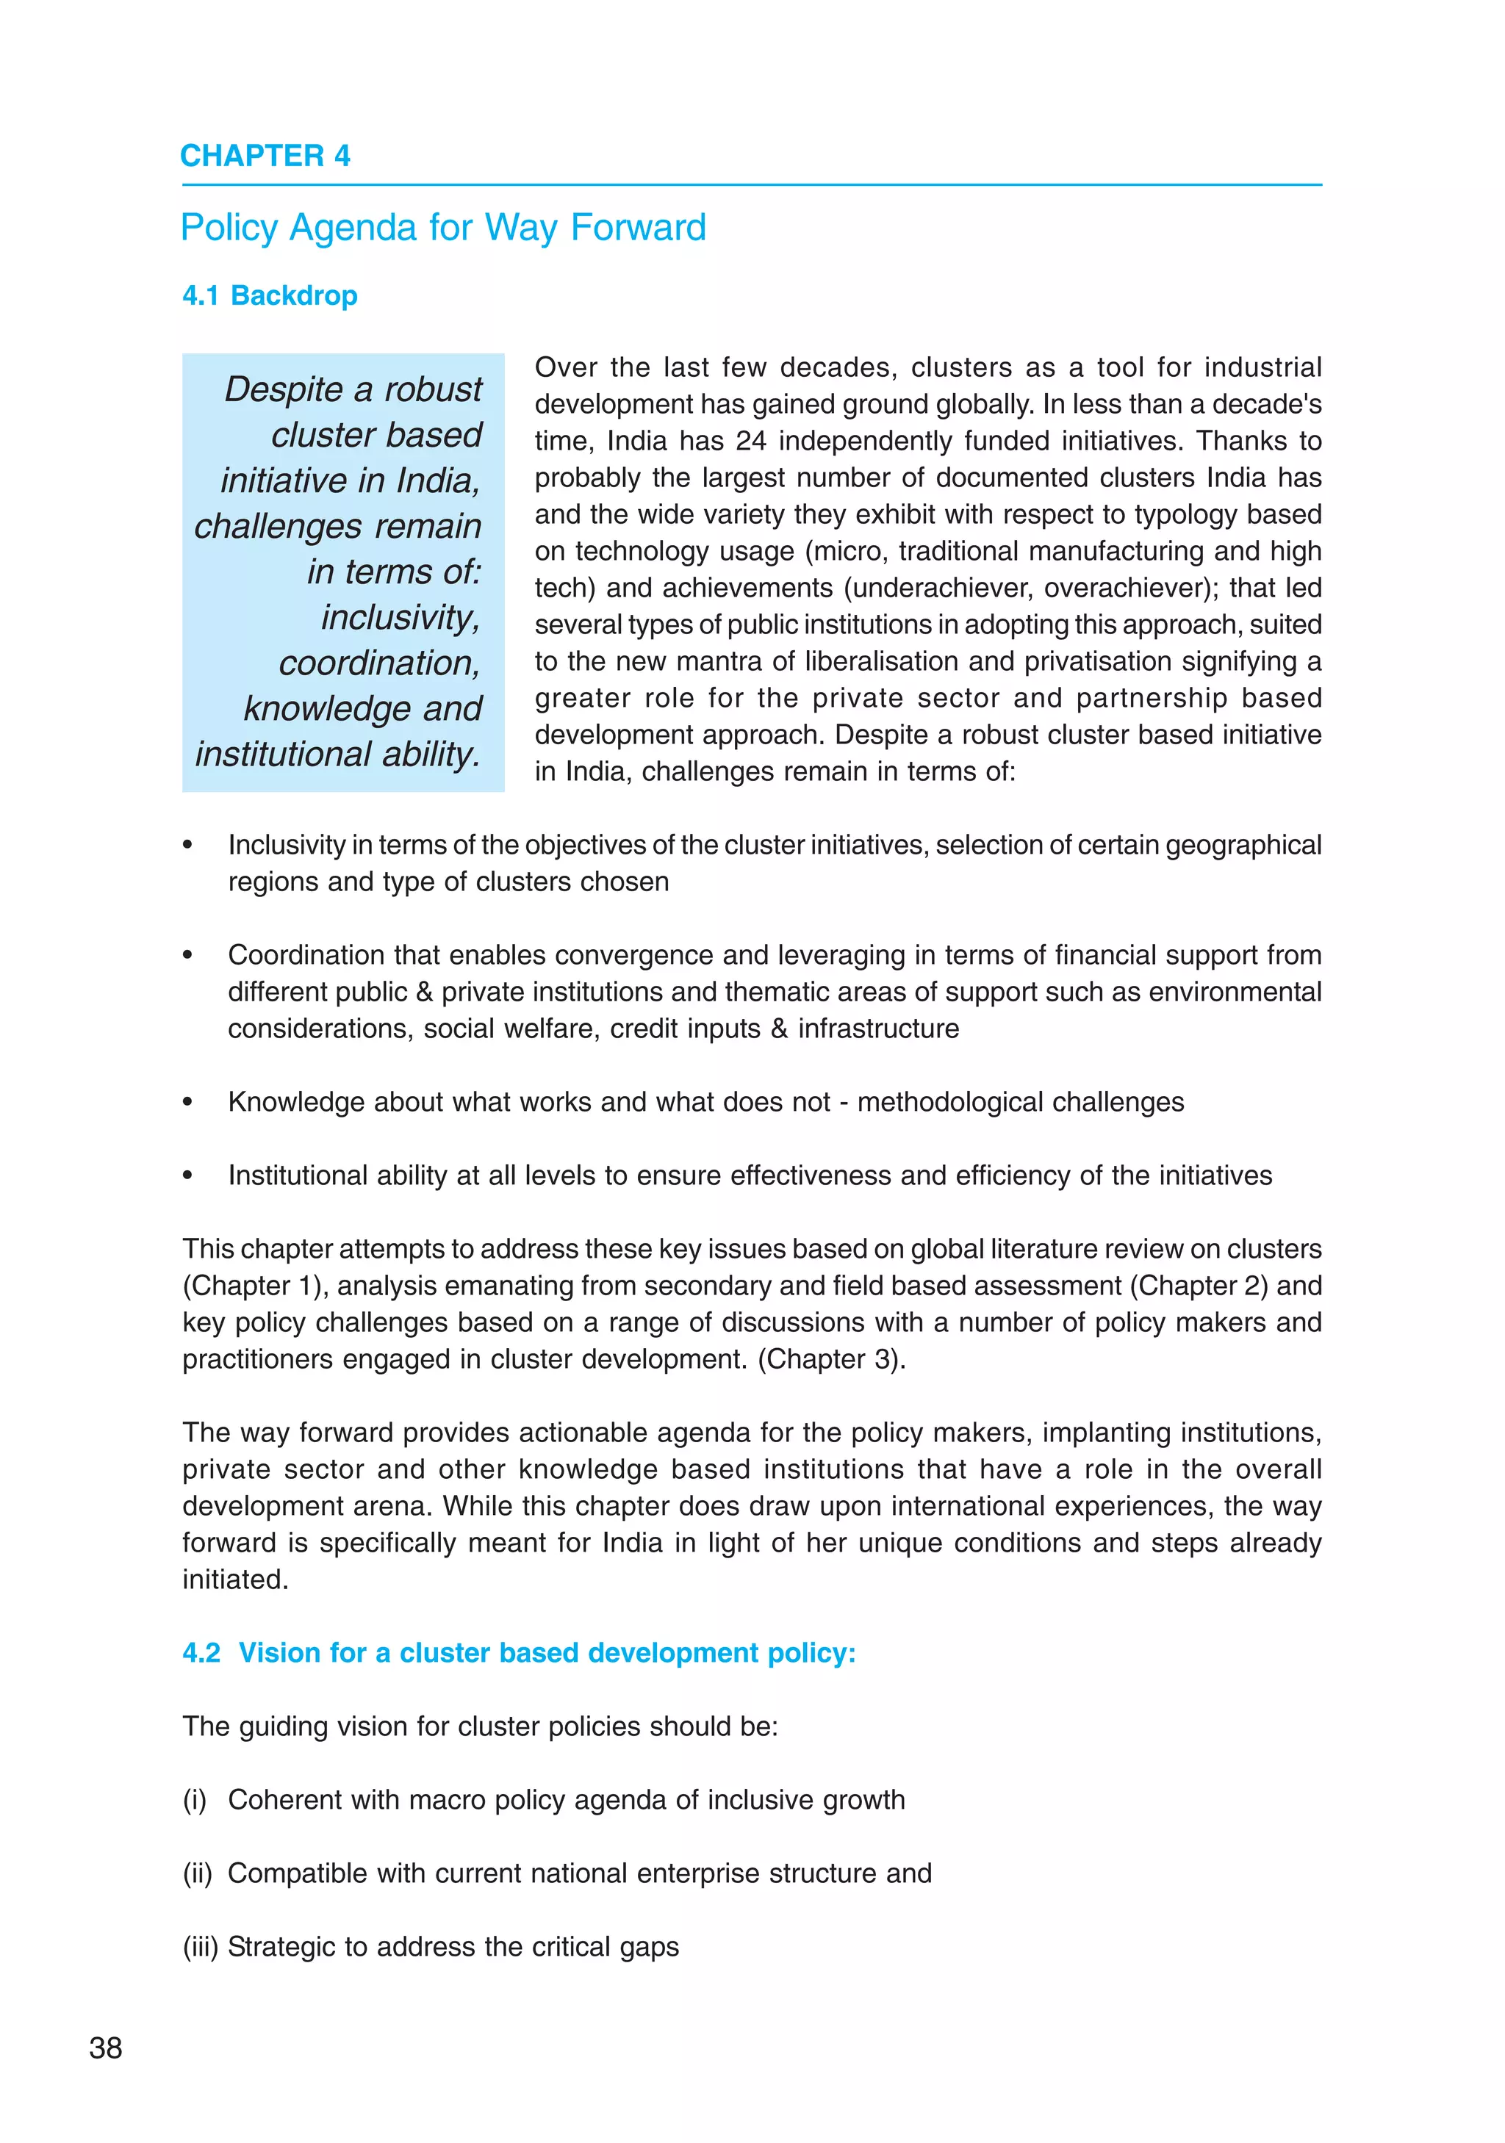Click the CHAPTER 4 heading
coord(265,156)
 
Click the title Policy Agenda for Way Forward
coord(442,228)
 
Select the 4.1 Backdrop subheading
coord(270,296)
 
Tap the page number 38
coord(106,2047)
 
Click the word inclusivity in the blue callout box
coord(400,618)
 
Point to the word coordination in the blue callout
coord(378,663)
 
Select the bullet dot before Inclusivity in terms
coord(187,846)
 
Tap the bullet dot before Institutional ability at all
coord(187,1176)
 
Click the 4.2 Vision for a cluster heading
coord(519,1653)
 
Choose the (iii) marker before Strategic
coord(200,1947)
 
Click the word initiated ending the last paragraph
coord(234,1580)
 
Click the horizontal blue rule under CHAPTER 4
coord(752,185)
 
